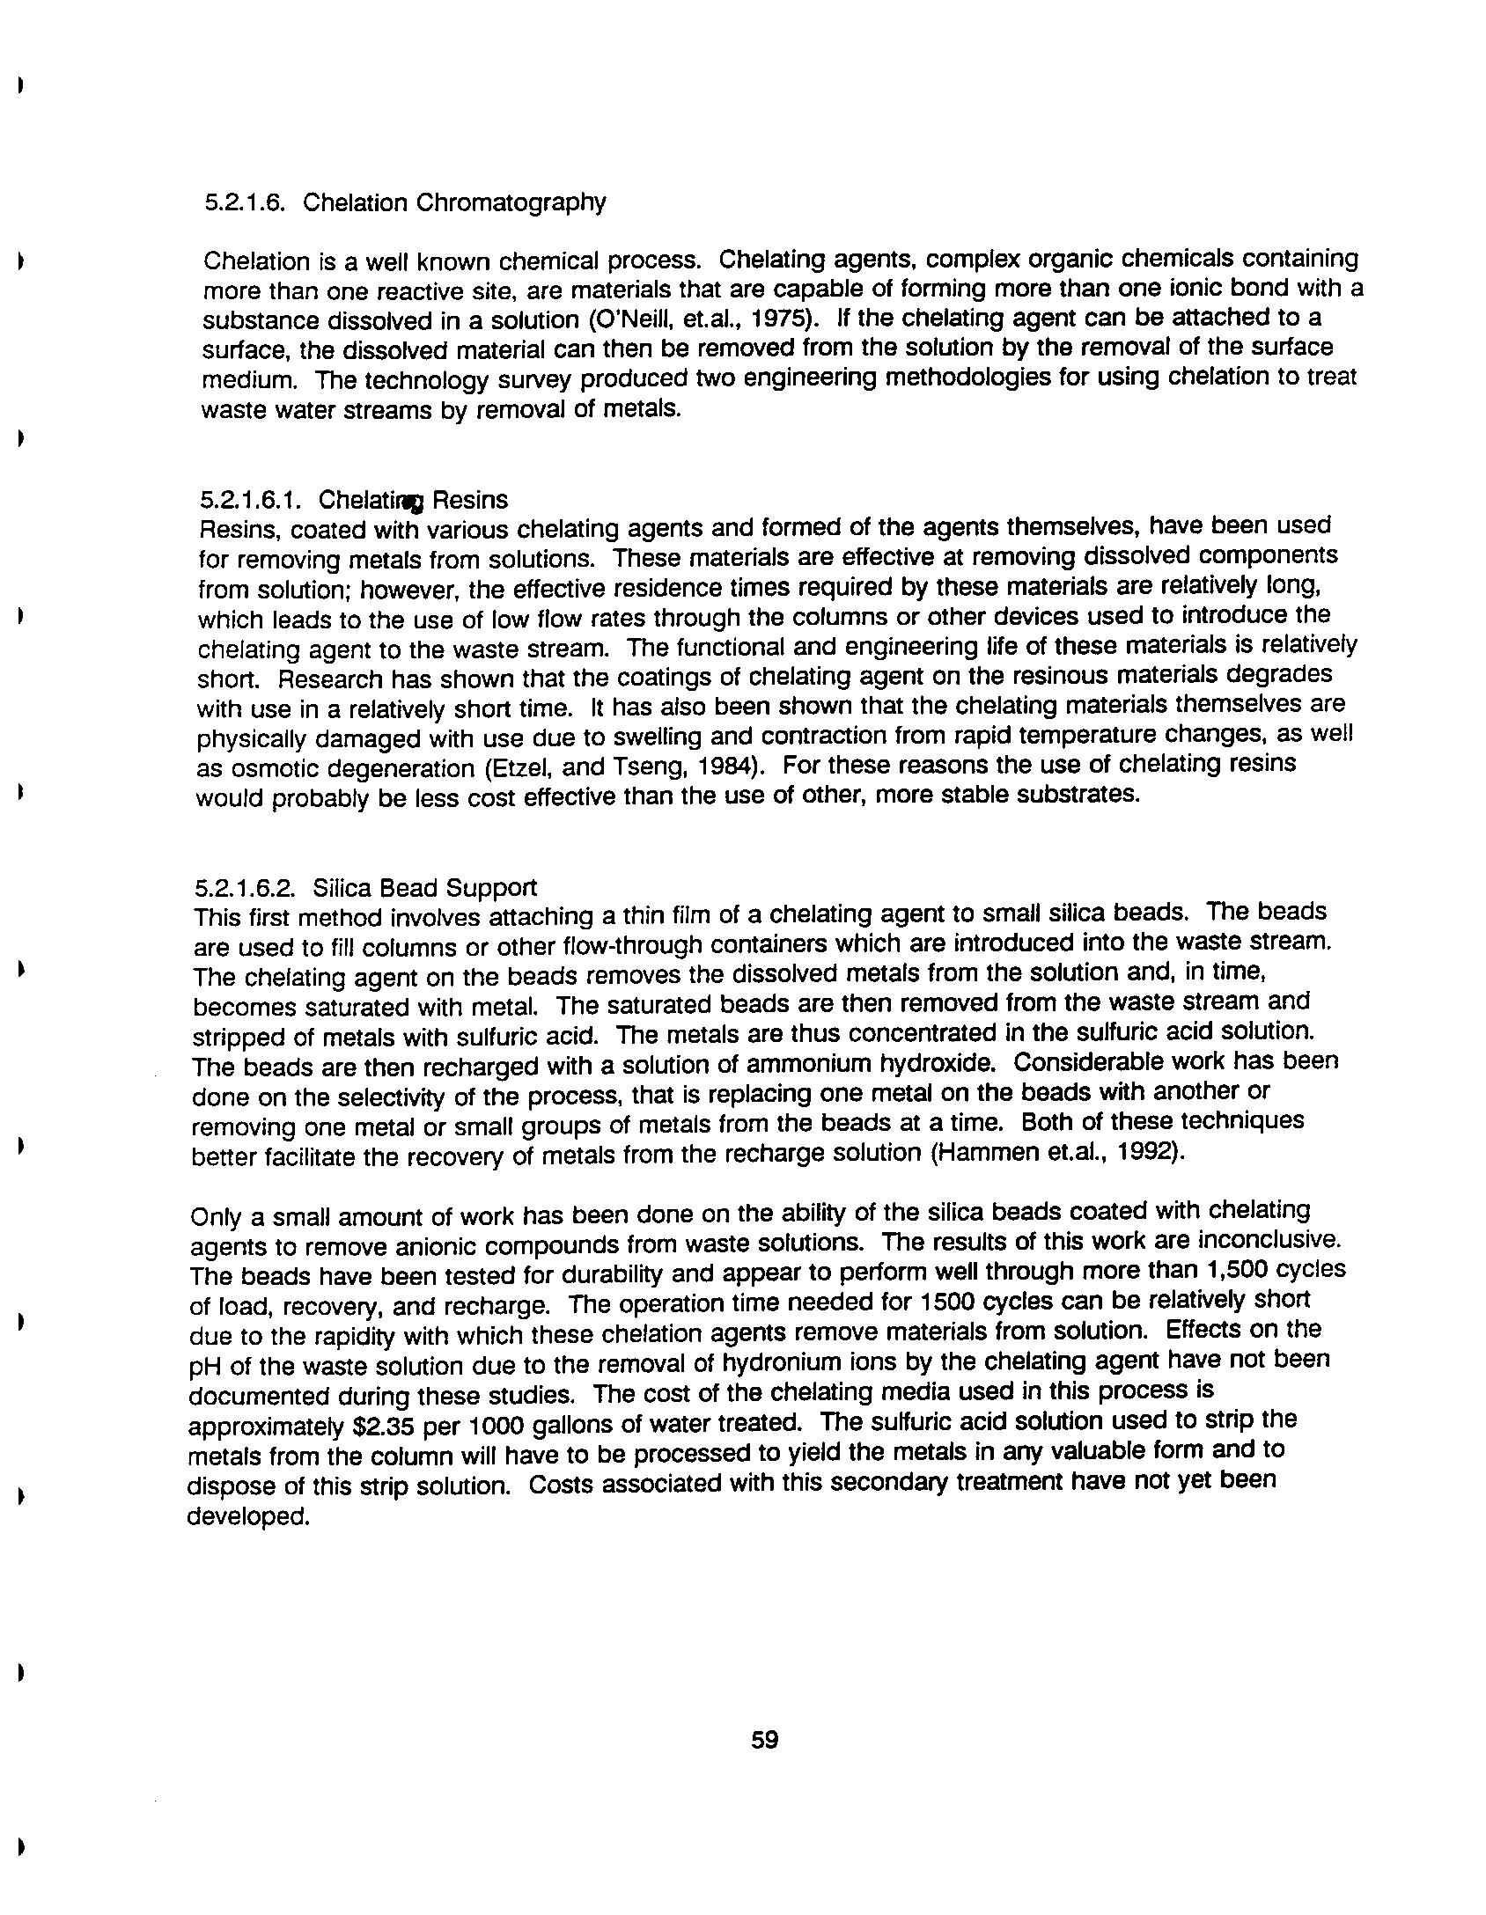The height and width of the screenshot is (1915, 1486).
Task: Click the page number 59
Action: coord(764,1739)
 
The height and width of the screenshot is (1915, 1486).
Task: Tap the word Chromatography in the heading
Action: coord(511,202)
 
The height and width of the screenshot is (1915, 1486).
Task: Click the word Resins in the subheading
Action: coord(470,500)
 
